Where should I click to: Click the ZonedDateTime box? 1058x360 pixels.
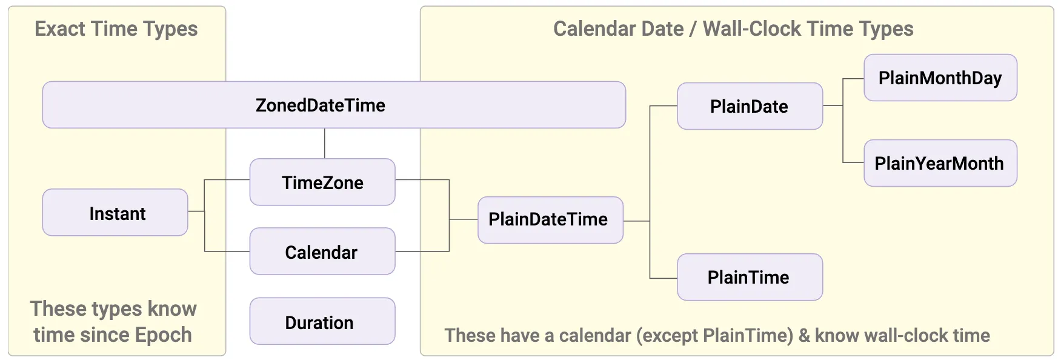pos(334,105)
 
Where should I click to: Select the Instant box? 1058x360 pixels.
pos(115,213)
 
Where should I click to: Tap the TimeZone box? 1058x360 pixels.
pos(322,182)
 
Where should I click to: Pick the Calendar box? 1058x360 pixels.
pos(322,252)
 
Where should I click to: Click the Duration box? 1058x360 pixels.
pos(322,321)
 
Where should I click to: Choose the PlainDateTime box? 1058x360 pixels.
pos(550,220)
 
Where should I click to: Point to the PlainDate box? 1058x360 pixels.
pos(750,106)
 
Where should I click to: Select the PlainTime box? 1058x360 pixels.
pos(750,277)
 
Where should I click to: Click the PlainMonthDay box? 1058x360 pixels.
pos(940,78)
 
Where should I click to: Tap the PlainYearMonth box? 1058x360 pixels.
pos(940,163)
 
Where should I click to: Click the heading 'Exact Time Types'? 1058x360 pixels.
pos(116,29)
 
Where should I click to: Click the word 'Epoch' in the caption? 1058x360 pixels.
pos(164,335)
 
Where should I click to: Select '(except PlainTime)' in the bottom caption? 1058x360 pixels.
pos(715,336)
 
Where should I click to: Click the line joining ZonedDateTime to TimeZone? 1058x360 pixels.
pos(325,144)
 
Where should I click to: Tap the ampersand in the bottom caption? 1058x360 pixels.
pos(805,336)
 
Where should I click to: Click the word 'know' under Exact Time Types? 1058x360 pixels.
pos(173,308)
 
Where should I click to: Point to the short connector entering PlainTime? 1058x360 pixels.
pos(664,278)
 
